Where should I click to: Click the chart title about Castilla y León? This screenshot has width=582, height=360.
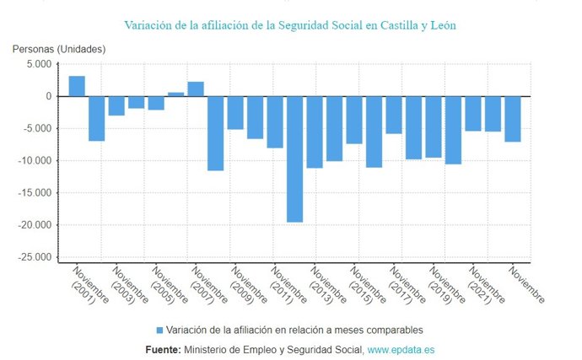291,25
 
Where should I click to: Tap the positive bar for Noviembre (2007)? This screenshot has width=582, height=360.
196,89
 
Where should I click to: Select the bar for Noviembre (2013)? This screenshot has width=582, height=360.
315,132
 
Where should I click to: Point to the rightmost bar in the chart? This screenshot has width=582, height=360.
512,119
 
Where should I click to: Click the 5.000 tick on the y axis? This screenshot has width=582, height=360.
39,64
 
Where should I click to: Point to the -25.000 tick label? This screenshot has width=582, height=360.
35,257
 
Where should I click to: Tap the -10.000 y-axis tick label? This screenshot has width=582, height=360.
35,160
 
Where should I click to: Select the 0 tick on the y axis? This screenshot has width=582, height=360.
49,96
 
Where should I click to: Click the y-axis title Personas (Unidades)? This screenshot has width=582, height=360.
58,49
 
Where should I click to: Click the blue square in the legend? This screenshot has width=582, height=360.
159,330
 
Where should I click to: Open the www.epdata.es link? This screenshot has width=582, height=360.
401,349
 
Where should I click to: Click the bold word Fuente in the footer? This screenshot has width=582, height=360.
163,349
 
